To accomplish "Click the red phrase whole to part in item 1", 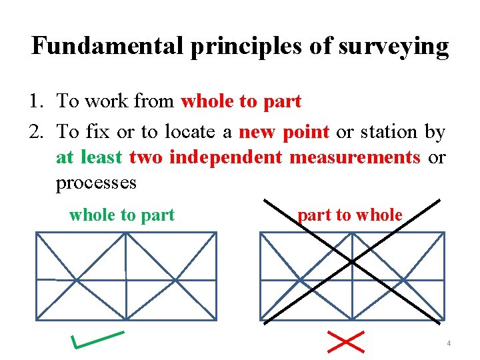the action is (x=241, y=102).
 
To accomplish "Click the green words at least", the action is (x=89, y=157).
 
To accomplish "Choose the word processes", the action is (x=96, y=182).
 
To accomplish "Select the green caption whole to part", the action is (x=122, y=215).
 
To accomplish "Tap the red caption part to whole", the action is (x=350, y=215).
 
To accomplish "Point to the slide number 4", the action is (x=449, y=343).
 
